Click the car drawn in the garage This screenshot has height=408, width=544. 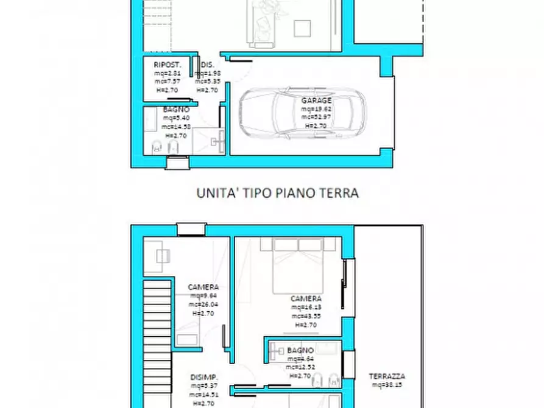coord(303,113)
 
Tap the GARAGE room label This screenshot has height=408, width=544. coord(316,100)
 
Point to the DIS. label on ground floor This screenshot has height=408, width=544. coord(207,65)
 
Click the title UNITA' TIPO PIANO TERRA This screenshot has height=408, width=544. coord(277,193)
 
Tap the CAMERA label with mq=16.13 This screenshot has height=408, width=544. coord(306,298)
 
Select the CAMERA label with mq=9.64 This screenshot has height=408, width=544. coord(203,287)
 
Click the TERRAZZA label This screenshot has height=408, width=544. coord(387,376)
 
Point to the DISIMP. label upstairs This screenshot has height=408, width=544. coord(204,377)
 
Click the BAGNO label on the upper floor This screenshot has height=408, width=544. coord(300,350)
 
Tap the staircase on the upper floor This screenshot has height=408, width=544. coord(157,341)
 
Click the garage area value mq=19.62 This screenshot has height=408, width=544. coord(316,109)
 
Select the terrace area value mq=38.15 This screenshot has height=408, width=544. coord(387,385)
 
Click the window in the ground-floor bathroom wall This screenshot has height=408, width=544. coord(177,163)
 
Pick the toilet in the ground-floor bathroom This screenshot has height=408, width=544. coord(157,146)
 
